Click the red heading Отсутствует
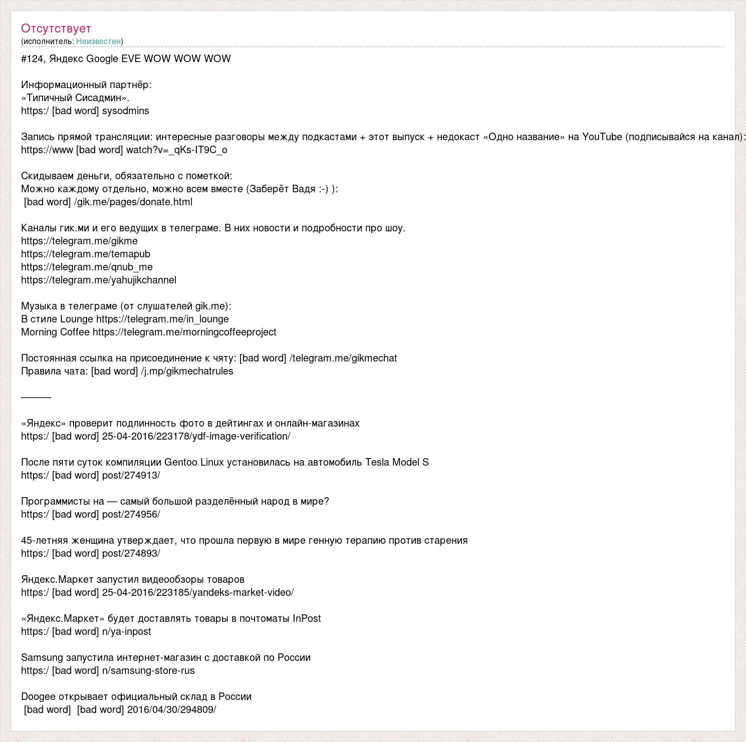[56, 29]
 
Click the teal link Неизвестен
[98, 41]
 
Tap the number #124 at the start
[33, 59]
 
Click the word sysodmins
[125, 111]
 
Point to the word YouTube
[602, 137]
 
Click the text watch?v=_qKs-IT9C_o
[176, 150]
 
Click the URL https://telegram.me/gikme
[79, 241]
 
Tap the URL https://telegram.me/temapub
[86, 254]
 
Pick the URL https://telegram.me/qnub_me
[87, 267]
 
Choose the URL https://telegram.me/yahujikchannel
[99, 280]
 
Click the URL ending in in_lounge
[162, 319]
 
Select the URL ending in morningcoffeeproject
[184, 332]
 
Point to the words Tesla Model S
[397, 462]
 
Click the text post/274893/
[131, 553]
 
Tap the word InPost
[307, 618]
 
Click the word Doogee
[38, 696]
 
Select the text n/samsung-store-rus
[148, 670]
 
